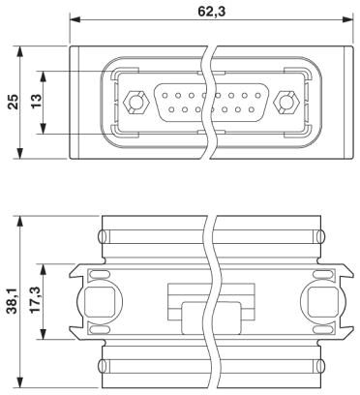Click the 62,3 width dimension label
pos(211,12)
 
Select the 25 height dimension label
pos(15,102)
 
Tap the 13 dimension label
pos(36,102)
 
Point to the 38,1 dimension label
pos(14,301)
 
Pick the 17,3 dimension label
pos(36,300)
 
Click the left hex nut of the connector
pos(134,103)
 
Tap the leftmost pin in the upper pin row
pos(165,96)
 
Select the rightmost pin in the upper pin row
pos(257,96)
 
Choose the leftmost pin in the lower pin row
pos(171,109)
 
